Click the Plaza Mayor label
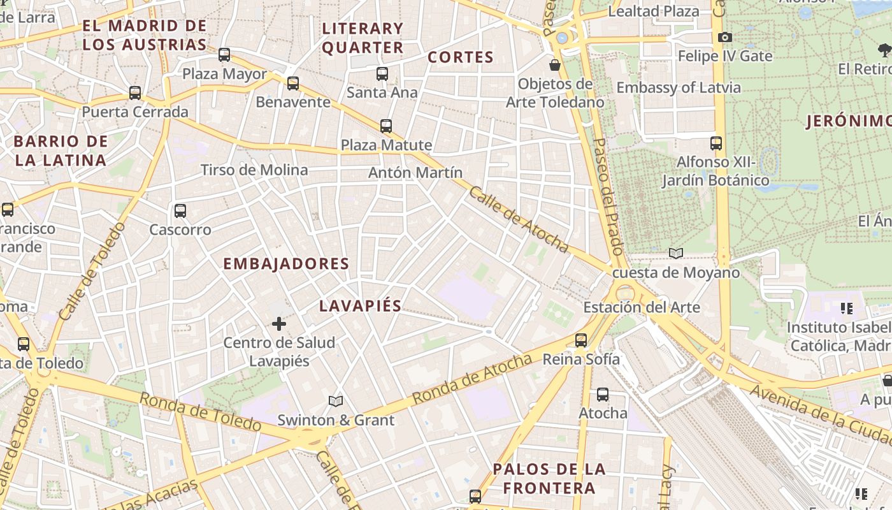coord(224,74)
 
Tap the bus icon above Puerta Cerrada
coord(135,93)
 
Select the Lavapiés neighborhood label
coord(361,306)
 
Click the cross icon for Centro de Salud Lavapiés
coord(278,324)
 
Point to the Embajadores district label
coord(286,264)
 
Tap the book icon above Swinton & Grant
coord(336,401)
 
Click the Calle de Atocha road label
coord(518,218)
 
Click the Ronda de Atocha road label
coord(472,379)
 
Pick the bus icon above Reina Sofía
coord(581,340)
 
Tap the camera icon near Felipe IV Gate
coord(725,38)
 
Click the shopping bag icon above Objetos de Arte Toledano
coord(555,65)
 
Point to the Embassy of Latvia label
coord(679,88)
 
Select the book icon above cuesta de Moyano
coord(676,254)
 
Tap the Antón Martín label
coord(415,173)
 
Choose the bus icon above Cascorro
coord(180,211)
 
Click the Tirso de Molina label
coord(254,170)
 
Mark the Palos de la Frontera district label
coord(549,479)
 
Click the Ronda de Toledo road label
coord(200,412)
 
